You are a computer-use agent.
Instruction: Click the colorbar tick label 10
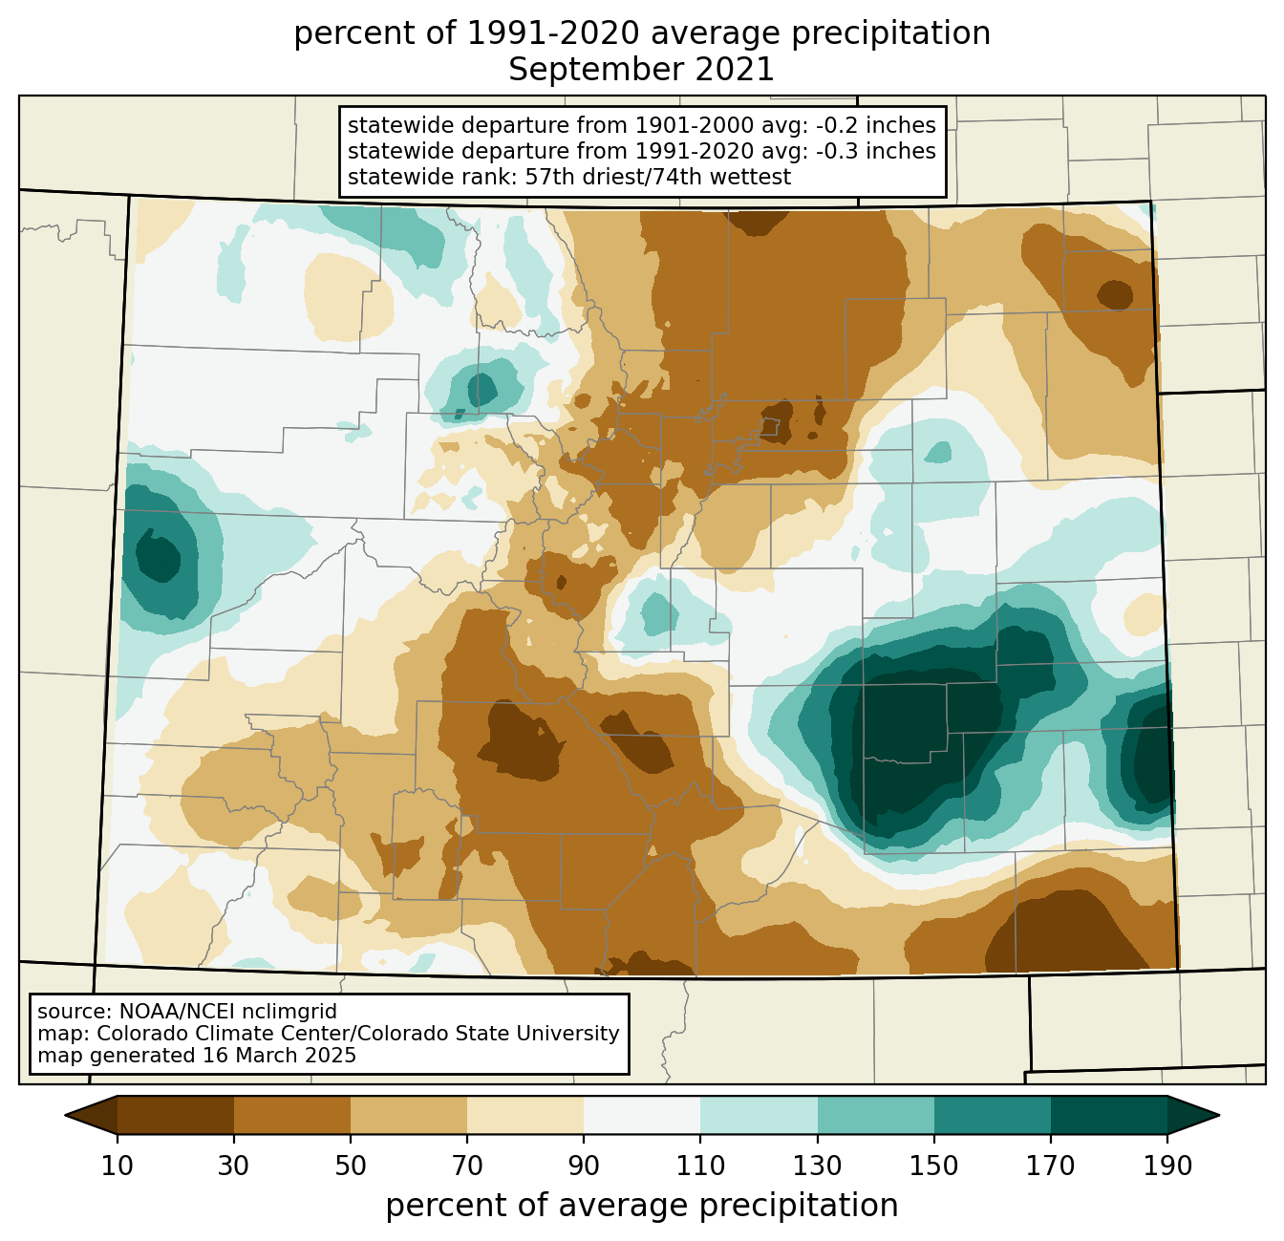click(x=118, y=1166)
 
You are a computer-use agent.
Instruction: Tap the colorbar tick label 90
click(x=584, y=1166)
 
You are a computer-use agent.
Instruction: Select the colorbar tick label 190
click(x=1166, y=1166)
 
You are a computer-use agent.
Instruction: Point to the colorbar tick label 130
click(x=817, y=1166)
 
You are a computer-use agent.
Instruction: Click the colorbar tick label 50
click(x=351, y=1166)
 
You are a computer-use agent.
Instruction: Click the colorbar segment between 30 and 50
click(x=292, y=1115)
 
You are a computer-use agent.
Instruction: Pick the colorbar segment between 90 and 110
click(x=642, y=1115)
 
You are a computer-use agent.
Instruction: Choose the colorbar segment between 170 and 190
click(x=1108, y=1115)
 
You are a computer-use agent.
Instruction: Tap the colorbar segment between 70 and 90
click(x=525, y=1115)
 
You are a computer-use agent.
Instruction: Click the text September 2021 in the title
click(x=641, y=70)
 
